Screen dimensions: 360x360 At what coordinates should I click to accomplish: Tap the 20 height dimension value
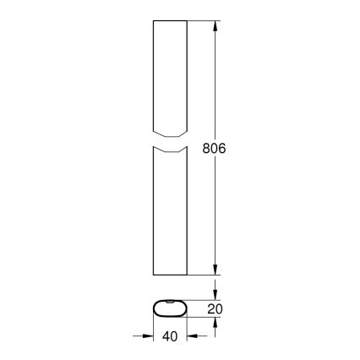215,309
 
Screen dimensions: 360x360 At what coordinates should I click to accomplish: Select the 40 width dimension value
170,336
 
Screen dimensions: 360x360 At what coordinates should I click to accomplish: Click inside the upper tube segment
169,76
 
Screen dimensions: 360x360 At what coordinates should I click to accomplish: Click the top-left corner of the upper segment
152,22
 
